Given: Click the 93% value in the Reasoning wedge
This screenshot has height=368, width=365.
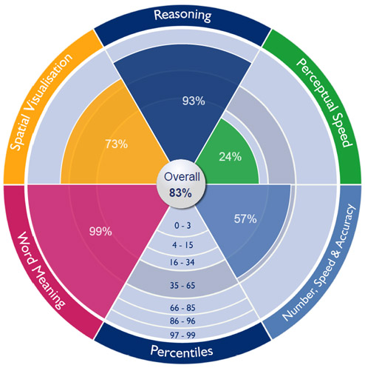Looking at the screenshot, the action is (x=194, y=101).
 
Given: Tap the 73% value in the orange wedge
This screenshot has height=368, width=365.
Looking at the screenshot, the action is (x=117, y=144).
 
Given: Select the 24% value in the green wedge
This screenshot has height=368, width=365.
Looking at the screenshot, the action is (x=231, y=157).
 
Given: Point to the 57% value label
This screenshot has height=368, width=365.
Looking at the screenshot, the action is (x=245, y=219).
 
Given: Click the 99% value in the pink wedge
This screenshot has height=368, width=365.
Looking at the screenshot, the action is (x=100, y=232).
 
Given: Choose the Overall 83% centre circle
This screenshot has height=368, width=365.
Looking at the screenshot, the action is (x=181, y=184).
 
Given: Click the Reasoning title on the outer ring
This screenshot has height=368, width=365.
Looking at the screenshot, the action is (x=182, y=16).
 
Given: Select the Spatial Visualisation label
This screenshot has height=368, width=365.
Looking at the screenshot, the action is (x=41, y=101).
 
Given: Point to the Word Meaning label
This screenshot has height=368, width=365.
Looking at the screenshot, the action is (x=41, y=270).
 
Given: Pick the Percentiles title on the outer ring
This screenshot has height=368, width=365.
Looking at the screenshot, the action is (x=182, y=351).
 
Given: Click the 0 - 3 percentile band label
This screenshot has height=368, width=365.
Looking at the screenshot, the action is (x=182, y=226).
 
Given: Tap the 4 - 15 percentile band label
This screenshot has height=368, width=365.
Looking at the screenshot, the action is (x=182, y=245).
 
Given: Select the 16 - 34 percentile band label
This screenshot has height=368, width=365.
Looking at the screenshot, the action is (x=182, y=262).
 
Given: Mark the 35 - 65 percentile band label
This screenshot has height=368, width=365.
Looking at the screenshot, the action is (x=182, y=286).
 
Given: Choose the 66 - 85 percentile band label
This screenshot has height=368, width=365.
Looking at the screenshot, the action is (x=182, y=308).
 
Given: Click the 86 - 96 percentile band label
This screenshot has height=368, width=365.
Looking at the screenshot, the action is (x=182, y=321).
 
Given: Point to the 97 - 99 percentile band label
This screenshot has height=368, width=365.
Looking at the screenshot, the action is (x=182, y=335).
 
